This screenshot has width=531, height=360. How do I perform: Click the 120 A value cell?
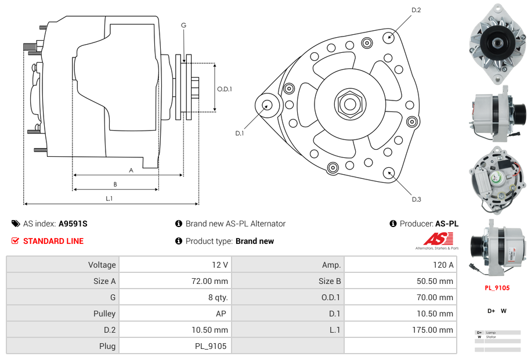(444, 265)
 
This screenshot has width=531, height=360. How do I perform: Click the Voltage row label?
(102, 265)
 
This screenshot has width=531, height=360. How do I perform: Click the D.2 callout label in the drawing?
(416, 10)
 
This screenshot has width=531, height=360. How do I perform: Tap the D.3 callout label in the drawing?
(416, 199)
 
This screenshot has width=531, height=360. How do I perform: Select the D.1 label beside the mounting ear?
(239, 133)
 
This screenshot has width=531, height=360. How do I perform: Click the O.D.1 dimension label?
(225, 89)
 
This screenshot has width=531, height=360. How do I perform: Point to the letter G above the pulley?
(183, 25)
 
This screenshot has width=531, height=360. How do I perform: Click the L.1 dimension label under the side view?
(109, 199)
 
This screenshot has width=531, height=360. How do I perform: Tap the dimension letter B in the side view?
(115, 184)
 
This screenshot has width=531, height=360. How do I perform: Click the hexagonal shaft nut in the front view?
(349, 104)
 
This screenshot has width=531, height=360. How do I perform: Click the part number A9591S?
(73, 224)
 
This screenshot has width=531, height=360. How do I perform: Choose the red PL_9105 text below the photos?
(497, 287)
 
